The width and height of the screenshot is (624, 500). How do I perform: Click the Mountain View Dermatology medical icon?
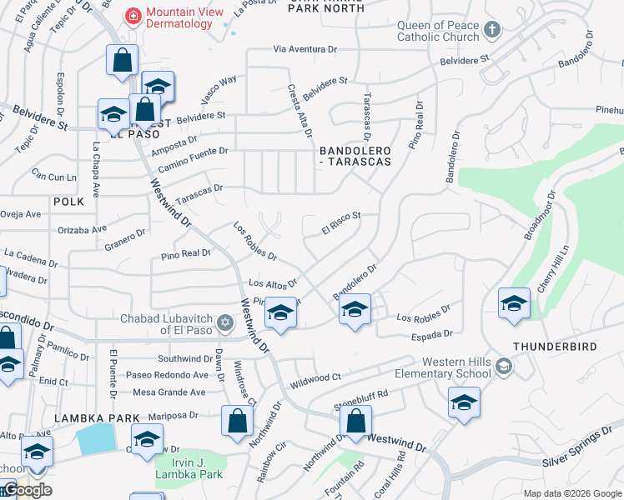click(132, 16)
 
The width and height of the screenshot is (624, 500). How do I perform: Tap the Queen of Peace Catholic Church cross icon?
click(491, 31)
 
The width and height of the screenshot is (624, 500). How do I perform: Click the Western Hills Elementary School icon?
click(503, 366)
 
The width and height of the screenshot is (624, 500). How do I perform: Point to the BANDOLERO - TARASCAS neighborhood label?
click(355, 156)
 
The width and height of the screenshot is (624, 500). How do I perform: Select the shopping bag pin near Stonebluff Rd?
click(355, 422)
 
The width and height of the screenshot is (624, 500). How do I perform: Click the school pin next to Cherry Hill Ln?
click(514, 303)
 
